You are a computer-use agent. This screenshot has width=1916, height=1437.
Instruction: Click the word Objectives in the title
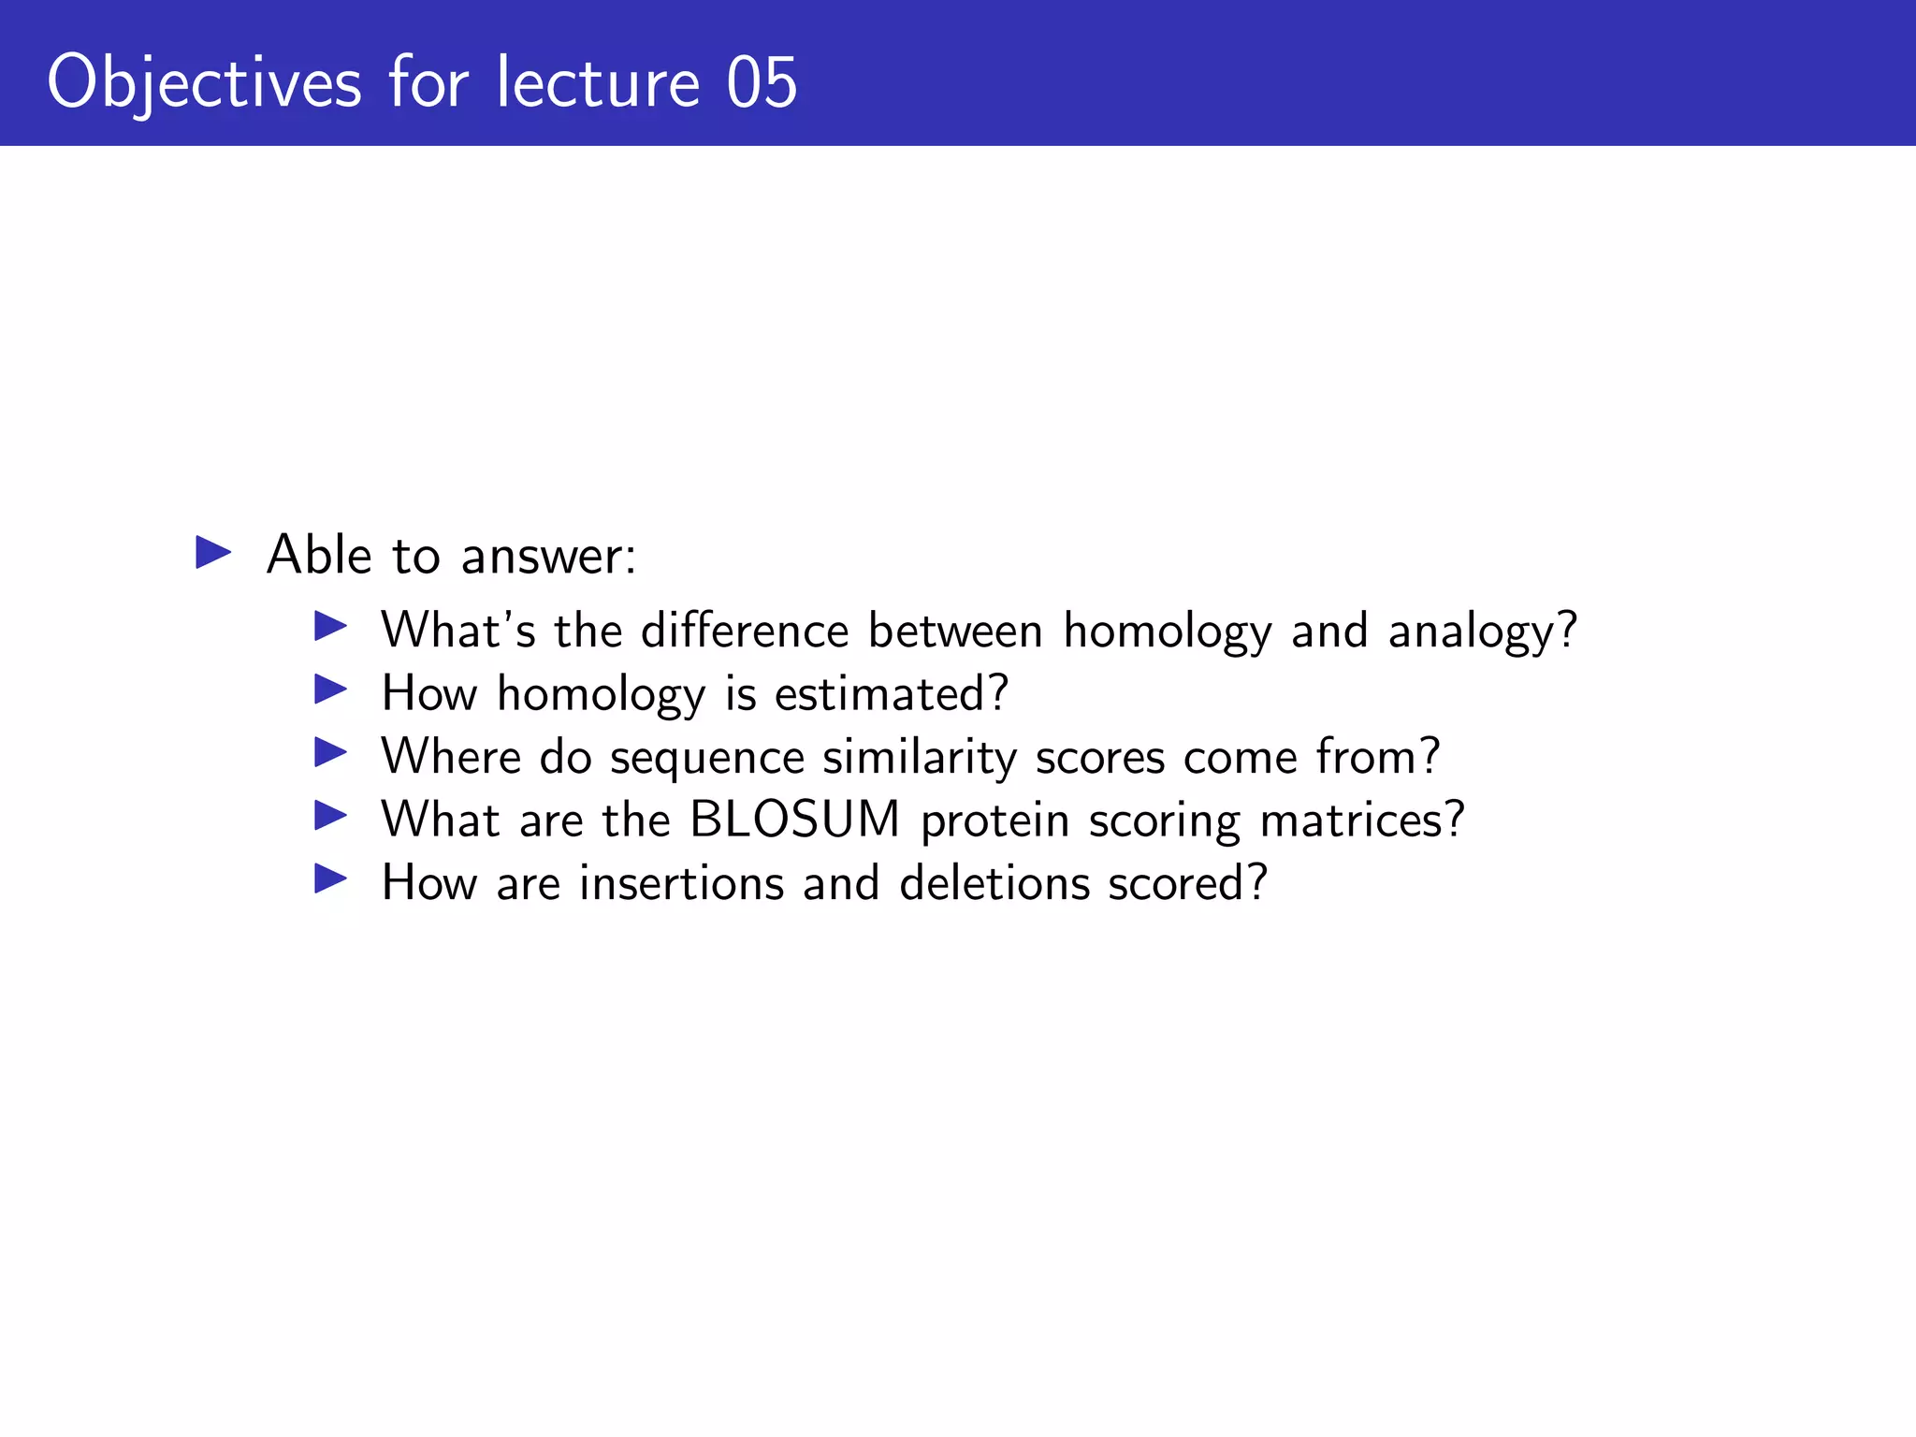click(204, 83)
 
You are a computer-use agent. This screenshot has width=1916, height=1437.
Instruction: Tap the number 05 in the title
click(762, 83)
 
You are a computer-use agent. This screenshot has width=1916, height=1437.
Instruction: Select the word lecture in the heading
click(597, 83)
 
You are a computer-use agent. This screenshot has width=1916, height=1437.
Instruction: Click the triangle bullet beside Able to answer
click(213, 552)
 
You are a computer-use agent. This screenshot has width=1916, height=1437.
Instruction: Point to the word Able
click(319, 555)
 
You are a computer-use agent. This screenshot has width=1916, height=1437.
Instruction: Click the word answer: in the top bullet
click(548, 557)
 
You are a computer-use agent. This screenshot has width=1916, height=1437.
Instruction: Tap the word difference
click(745, 630)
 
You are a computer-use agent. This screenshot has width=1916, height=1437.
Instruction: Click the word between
click(955, 630)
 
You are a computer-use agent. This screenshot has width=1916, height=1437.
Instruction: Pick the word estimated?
click(892, 694)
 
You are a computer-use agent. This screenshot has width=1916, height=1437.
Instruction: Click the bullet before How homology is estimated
click(331, 690)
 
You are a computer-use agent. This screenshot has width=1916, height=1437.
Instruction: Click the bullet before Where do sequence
click(331, 753)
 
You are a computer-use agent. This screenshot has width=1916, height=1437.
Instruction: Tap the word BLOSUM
click(794, 820)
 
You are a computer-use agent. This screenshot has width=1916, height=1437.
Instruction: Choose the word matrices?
click(1362, 820)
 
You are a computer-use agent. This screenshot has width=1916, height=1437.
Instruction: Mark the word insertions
click(681, 883)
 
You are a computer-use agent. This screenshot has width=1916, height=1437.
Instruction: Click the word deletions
click(994, 883)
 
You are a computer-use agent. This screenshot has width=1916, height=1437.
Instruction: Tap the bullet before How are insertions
click(331, 879)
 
